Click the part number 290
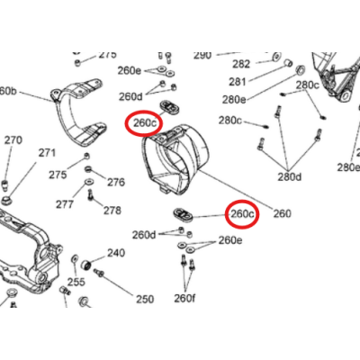(202, 55)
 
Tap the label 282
(241, 64)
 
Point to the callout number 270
(13, 140)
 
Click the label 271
(46, 153)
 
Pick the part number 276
(115, 182)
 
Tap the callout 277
(63, 204)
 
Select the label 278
(112, 211)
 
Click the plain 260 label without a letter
(282, 214)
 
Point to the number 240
(116, 253)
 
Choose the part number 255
(76, 282)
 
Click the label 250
(145, 299)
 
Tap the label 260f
(184, 298)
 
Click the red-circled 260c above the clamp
(144, 122)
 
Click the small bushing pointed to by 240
(87, 266)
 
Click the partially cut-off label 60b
(8, 91)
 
